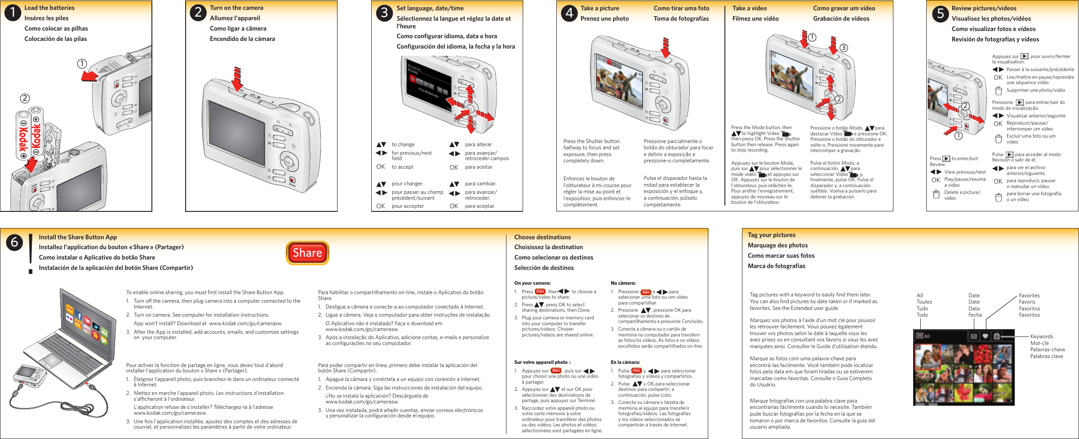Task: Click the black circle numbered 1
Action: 13,13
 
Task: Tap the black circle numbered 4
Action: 569,13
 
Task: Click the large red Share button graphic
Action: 307,253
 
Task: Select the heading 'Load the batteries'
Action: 49,8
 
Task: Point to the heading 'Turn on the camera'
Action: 236,8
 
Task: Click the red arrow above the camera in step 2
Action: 237,78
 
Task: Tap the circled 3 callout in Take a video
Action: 844,48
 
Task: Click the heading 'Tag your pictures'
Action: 771,235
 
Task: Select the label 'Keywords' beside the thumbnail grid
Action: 1041,336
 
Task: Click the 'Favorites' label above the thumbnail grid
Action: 1029,296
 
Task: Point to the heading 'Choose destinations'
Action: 542,237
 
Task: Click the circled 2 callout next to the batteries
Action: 25,98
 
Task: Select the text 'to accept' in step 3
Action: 402,167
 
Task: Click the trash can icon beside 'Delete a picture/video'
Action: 936,195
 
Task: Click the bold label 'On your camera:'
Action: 532,283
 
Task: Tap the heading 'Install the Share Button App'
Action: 78,237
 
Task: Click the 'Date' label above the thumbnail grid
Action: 974,296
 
